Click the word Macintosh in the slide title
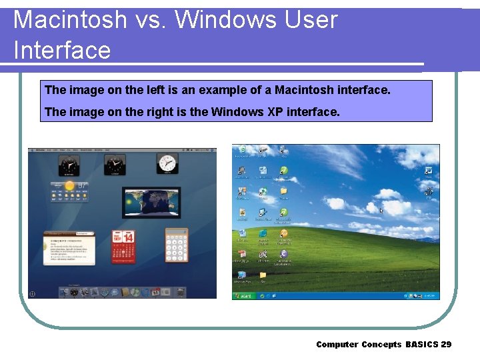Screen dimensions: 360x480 tap(69, 20)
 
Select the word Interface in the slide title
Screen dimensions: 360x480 tap(62, 50)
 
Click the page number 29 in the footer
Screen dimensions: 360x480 tap(446, 344)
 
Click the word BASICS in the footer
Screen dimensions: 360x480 tap(421, 344)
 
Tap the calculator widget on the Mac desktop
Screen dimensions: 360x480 tap(177, 244)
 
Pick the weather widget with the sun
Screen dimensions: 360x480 tap(69, 190)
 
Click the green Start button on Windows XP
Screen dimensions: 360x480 tap(243, 295)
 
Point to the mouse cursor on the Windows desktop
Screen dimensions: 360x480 tap(381, 211)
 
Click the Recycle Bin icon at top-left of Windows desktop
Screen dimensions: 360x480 tap(242, 151)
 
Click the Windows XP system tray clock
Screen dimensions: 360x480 tap(431, 295)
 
